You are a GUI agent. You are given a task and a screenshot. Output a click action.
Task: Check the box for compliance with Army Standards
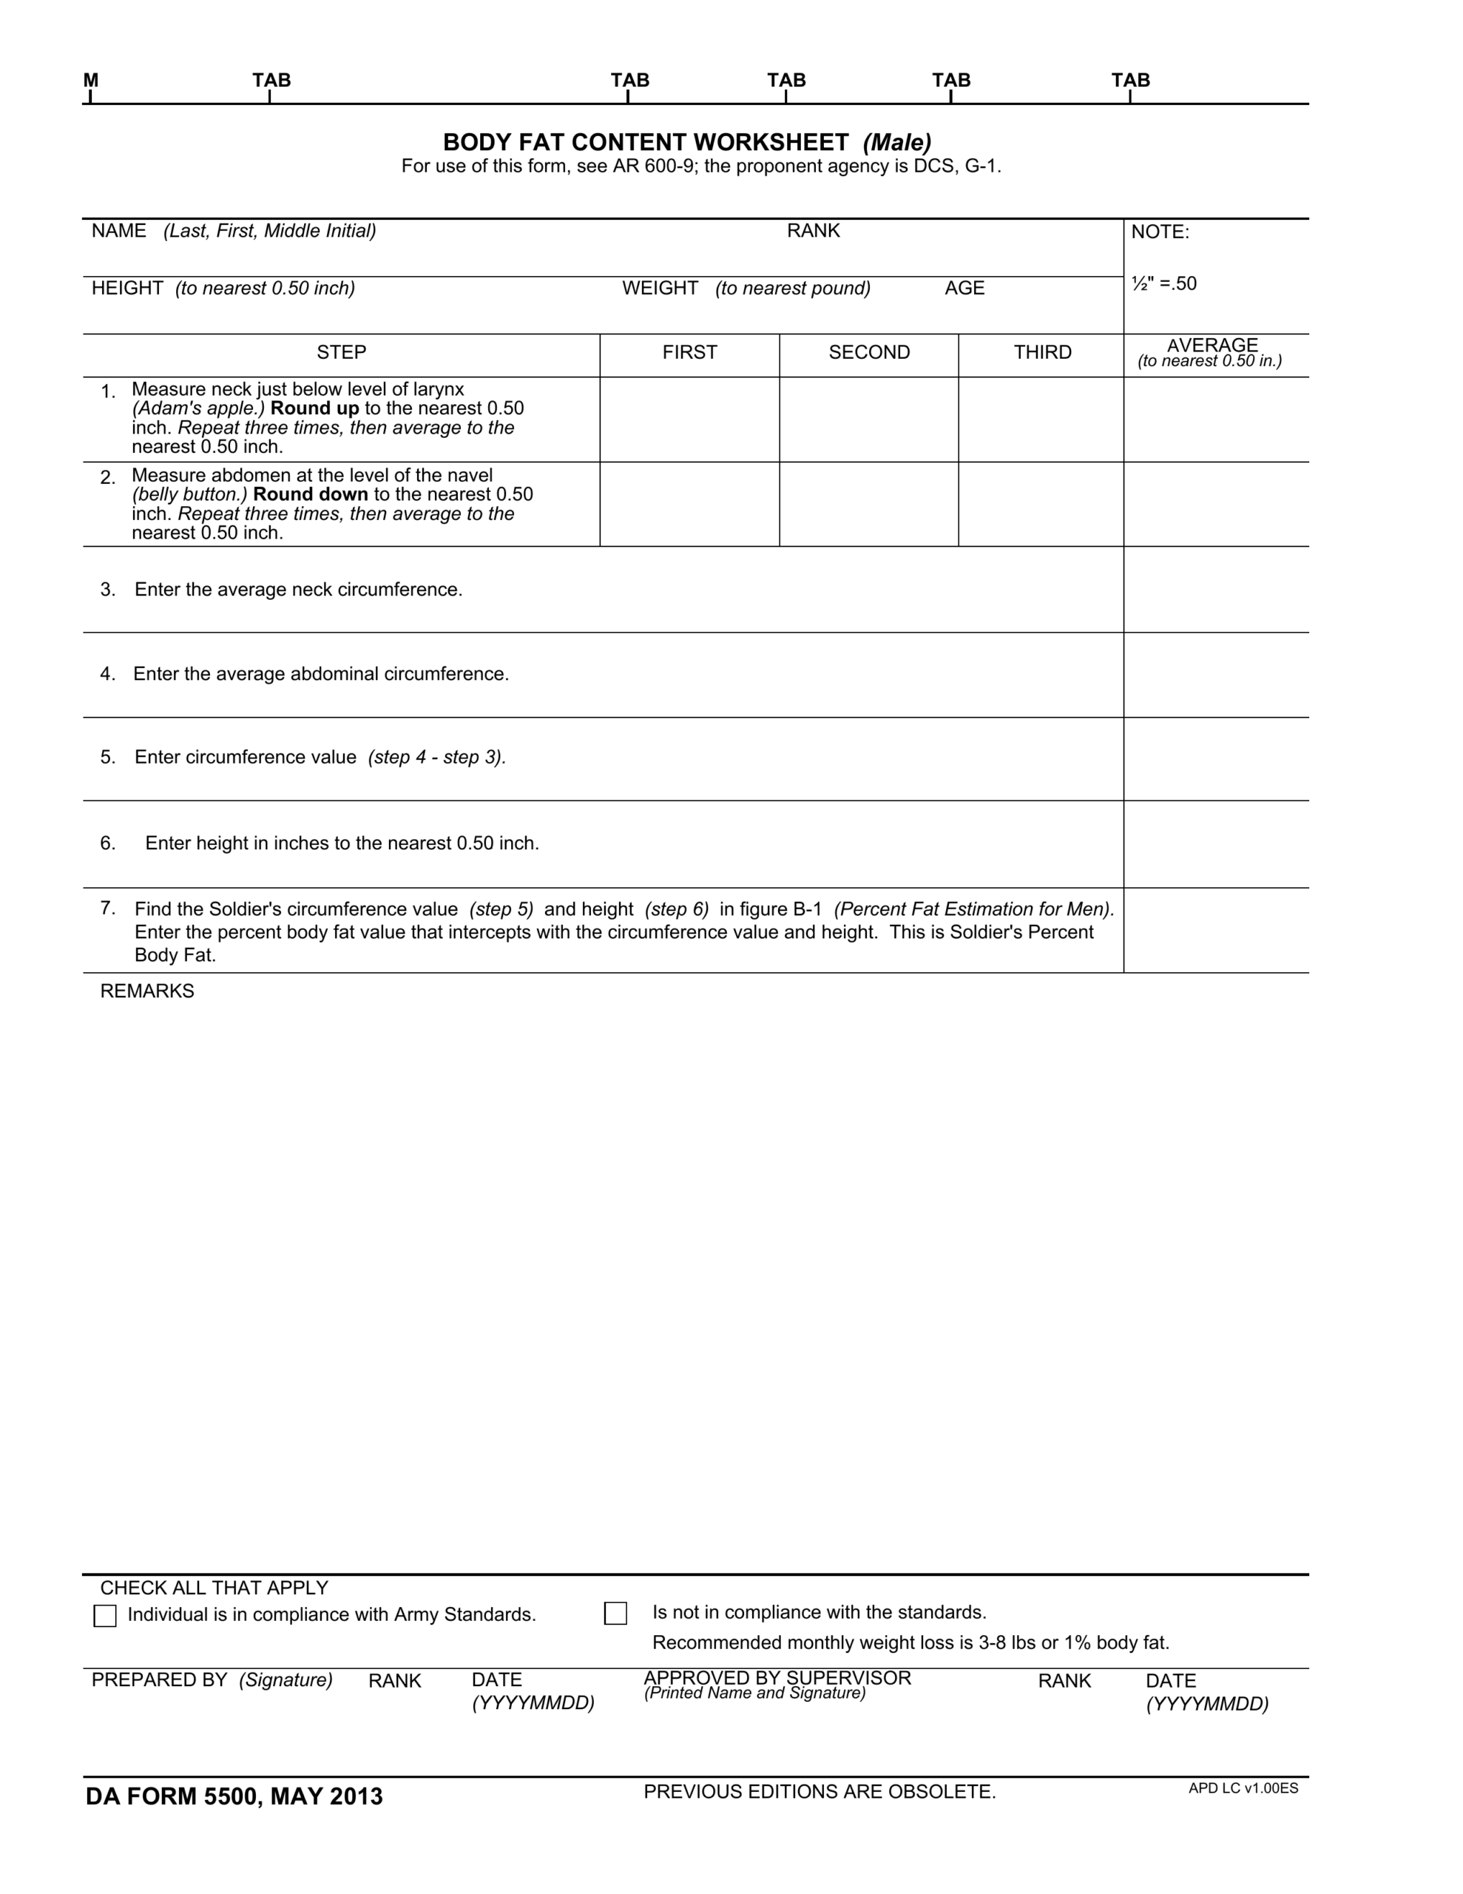click(x=105, y=1616)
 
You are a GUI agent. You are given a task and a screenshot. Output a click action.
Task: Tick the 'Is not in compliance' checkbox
click(x=615, y=1613)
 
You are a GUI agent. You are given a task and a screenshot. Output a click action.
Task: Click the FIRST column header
click(x=689, y=352)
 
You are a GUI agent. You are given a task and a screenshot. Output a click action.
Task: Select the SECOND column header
click(x=869, y=352)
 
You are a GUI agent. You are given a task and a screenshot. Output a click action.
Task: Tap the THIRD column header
click(x=1042, y=352)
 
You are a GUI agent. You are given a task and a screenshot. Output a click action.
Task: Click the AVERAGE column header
click(x=1212, y=346)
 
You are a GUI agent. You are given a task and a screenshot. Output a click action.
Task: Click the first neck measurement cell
click(x=689, y=419)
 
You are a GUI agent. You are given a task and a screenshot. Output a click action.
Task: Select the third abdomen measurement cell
click(x=1041, y=504)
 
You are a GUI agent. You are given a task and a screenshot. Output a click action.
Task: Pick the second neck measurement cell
click(x=869, y=419)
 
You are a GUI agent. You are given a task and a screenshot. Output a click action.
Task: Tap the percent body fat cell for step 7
click(x=1216, y=931)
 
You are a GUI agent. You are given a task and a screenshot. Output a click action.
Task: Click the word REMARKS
click(x=147, y=991)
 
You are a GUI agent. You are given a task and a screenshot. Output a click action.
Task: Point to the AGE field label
click(x=964, y=288)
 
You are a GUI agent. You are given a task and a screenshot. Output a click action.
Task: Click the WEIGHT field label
click(x=660, y=288)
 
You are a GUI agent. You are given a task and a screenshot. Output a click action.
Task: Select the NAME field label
click(x=119, y=231)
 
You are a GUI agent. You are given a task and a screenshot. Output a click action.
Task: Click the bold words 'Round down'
click(x=311, y=494)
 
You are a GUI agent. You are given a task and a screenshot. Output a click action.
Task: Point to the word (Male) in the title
click(x=896, y=142)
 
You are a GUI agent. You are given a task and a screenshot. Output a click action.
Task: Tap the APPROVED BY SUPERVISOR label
click(x=777, y=1678)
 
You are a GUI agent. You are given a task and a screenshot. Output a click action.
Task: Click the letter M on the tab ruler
click(x=91, y=81)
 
